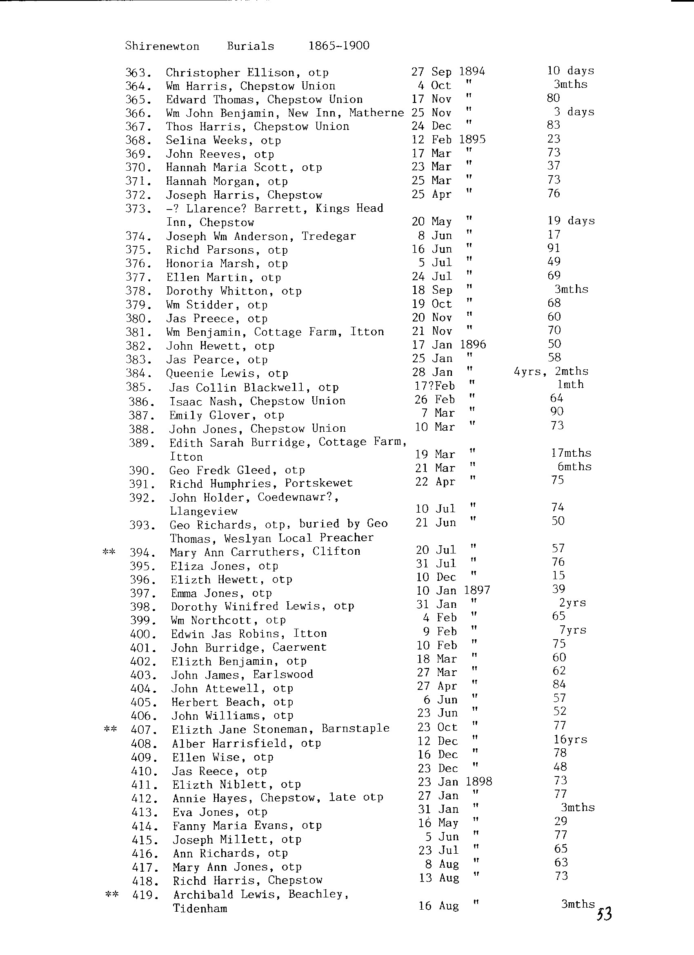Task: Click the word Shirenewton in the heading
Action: (x=162, y=46)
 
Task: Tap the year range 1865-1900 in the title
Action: (x=339, y=45)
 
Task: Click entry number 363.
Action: (x=138, y=73)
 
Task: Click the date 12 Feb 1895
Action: (x=448, y=139)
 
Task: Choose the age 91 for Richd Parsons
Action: (x=554, y=248)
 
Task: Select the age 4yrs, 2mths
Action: (x=551, y=371)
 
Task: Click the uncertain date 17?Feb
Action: (x=434, y=386)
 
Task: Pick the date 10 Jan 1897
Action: (x=453, y=590)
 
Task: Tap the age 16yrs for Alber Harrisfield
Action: (x=570, y=739)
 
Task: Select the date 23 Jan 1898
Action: (x=454, y=782)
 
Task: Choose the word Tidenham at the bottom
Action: (x=200, y=909)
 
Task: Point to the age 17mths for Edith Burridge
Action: (x=571, y=453)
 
